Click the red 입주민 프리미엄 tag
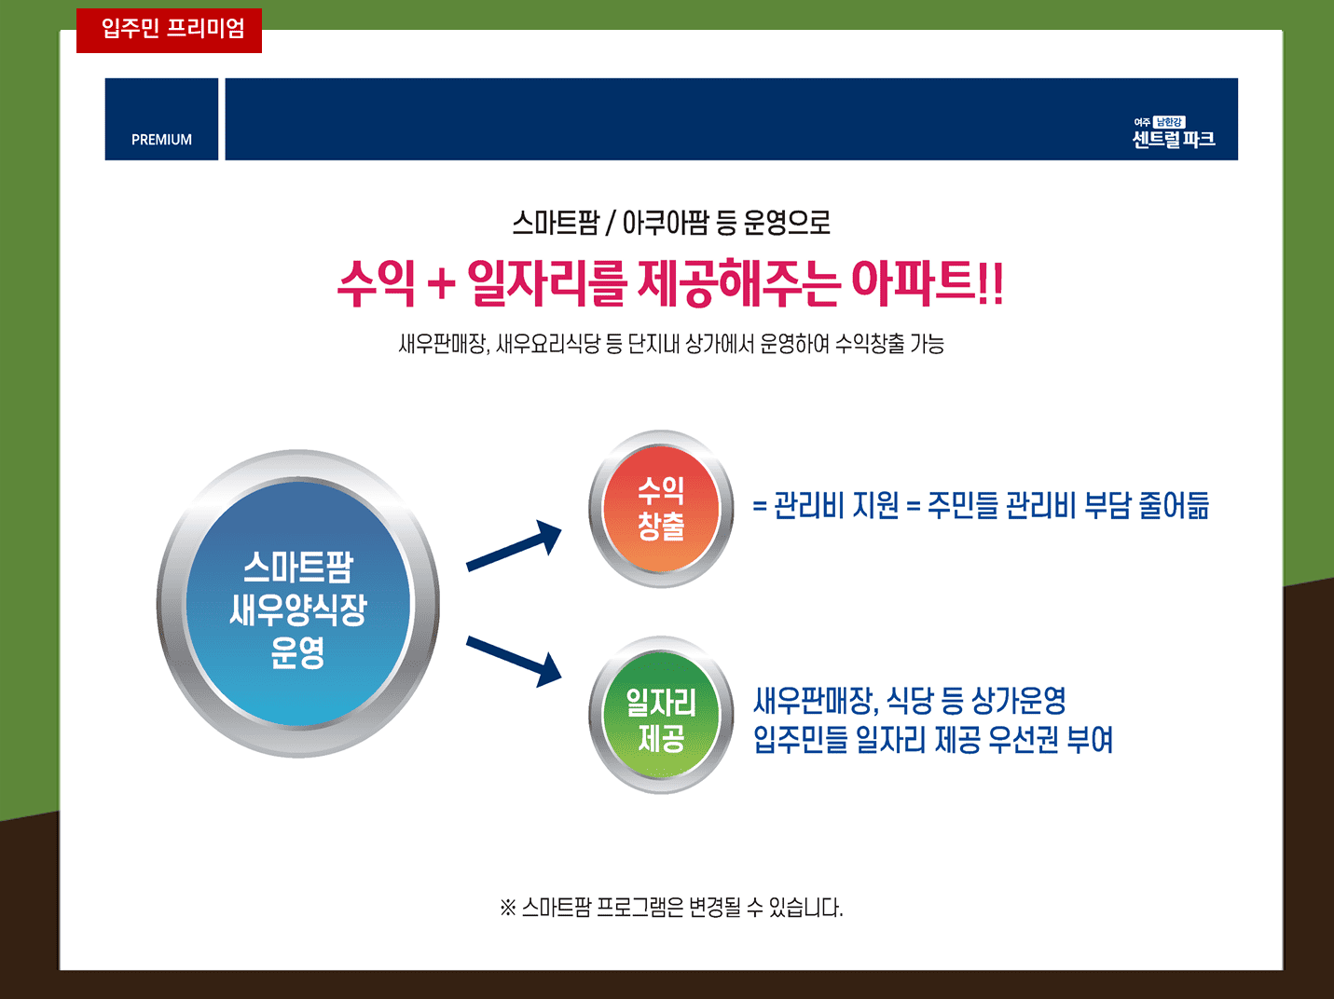click(169, 31)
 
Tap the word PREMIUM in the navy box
click(161, 140)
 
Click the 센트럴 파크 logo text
click(1174, 140)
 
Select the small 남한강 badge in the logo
click(1169, 122)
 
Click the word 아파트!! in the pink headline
click(928, 283)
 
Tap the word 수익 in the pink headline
click(377, 283)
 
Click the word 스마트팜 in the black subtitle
click(556, 223)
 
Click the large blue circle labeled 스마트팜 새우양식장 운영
click(297, 604)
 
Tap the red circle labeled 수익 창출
click(661, 509)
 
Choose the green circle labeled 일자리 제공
click(661, 716)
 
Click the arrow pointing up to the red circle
click(515, 546)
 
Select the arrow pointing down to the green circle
click(515, 662)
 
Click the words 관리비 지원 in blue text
click(836, 505)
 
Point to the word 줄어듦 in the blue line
click(1174, 505)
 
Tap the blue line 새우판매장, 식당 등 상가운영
click(910, 701)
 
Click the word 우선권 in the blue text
click(1024, 740)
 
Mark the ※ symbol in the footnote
click(507, 908)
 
